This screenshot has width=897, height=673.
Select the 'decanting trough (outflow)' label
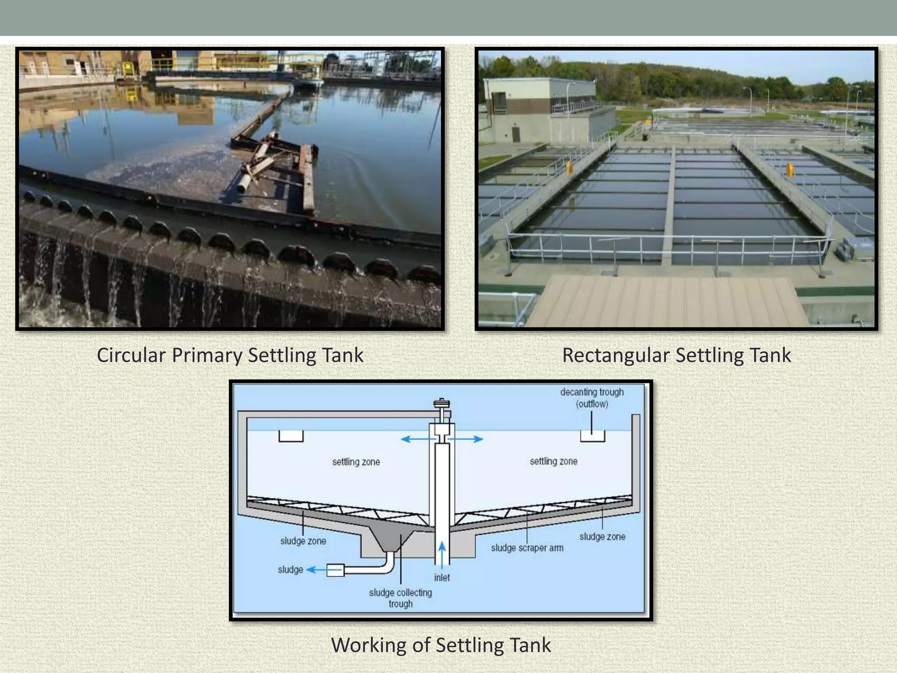click(592, 398)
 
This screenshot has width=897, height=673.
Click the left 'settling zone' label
click(356, 462)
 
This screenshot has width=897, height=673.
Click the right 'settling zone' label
click(553, 461)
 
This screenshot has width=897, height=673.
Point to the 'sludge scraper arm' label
click(527, 548)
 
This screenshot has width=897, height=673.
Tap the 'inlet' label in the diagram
click(442, 578)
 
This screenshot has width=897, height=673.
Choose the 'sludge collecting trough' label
click(400, 598)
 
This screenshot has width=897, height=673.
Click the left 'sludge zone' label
click(303, 541)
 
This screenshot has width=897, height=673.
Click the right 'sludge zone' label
click(602, 537)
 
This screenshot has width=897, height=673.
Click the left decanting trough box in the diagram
click(291, 436)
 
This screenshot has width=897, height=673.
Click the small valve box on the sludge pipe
click(335, 570)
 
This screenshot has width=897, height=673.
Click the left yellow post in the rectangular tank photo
click(569, 168)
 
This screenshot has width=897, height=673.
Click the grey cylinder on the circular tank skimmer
click(244, 183)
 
